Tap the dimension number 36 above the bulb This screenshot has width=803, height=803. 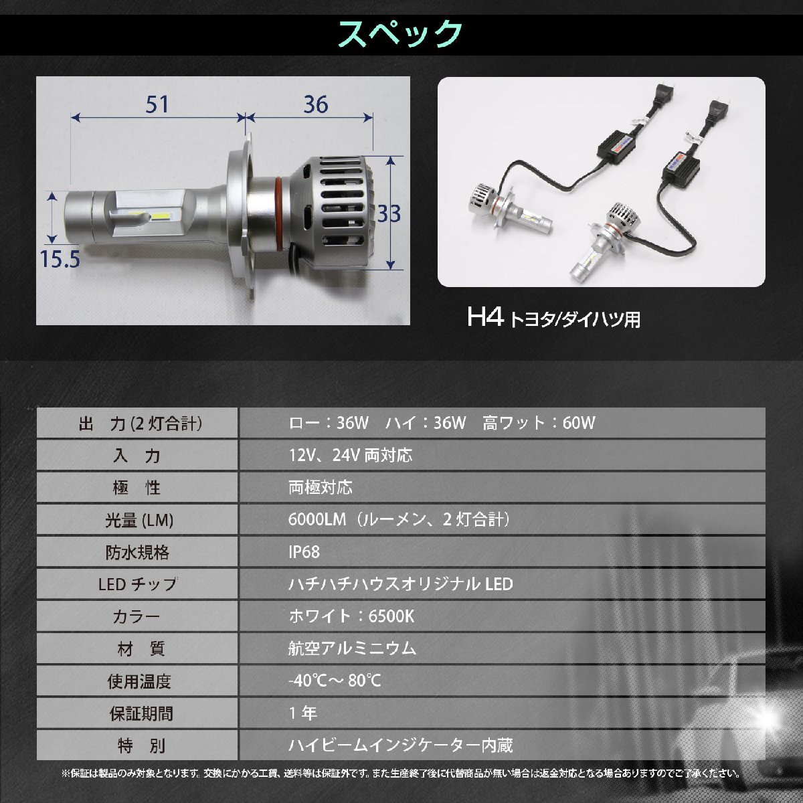[x=315, y=105]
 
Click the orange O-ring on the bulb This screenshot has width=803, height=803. [x=276, y=213]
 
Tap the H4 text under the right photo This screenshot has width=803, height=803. [x=485, y=317]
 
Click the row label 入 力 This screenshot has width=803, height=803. [x=137, y=456]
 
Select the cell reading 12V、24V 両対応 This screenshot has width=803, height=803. [x=350, y=456]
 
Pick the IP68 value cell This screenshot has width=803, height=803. [x=304, y=552]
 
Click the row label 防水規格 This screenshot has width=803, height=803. [x=137, y=552]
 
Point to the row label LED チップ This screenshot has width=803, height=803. [x=137, y=584]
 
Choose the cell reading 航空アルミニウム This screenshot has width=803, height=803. [x=352, y=648]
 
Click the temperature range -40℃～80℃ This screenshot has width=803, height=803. [x=335, y=681]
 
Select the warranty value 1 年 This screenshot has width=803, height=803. [x=303, y=713]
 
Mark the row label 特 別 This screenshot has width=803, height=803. [x=137, y=745]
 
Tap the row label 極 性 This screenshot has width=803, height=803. [x=137, y=488]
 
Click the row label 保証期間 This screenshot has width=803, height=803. [x=137, y=713]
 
